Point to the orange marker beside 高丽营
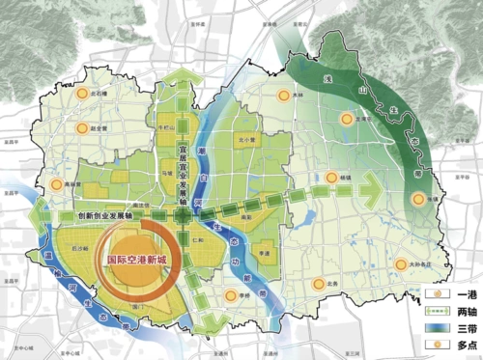(x=57, y=183)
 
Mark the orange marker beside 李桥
(x=229, y=293)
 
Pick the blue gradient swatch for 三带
(x=436, y=328)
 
